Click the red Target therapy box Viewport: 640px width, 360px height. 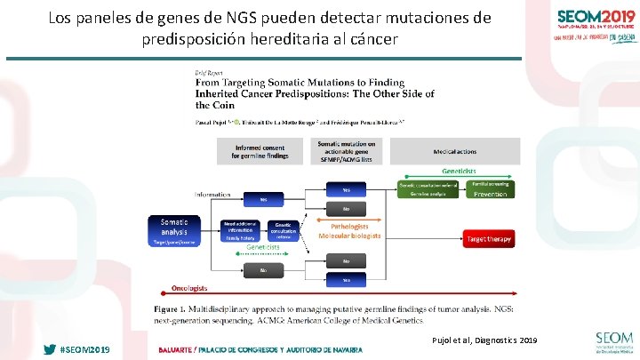pos(488,238)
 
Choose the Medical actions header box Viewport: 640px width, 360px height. pos(457,151)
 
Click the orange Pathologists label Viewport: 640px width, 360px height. pos(349,227)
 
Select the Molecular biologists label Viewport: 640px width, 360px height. pos(349,236)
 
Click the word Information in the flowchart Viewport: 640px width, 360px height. pos(213,194)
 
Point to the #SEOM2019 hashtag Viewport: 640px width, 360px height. pos(84,349)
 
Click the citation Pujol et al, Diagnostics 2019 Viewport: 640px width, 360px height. pos(484,340)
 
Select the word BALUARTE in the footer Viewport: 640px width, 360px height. pos(176,349)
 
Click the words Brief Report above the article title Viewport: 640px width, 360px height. pos(209,72)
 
